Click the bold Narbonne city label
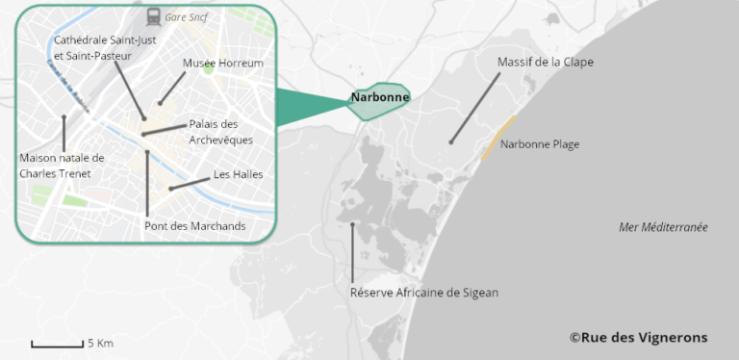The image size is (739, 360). point(380,97)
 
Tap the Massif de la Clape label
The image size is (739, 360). point(546,62)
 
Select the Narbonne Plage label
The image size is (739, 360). point(541,144)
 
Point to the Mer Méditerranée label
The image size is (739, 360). point(663,227)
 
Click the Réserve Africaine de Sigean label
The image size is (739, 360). point(424,293)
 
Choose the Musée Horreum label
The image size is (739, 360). point(223,63)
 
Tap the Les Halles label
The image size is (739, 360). point(239,174)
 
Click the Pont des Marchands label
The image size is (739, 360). point(194,226)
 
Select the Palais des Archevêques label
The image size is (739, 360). point(221,132)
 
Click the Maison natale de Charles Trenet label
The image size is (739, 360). point(62,166)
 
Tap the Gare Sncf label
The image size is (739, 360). point(187,16)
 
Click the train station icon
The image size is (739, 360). point(154,15)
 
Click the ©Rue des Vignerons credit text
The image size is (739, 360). point(638,337)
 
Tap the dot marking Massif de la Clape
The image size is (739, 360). point(449,142)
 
